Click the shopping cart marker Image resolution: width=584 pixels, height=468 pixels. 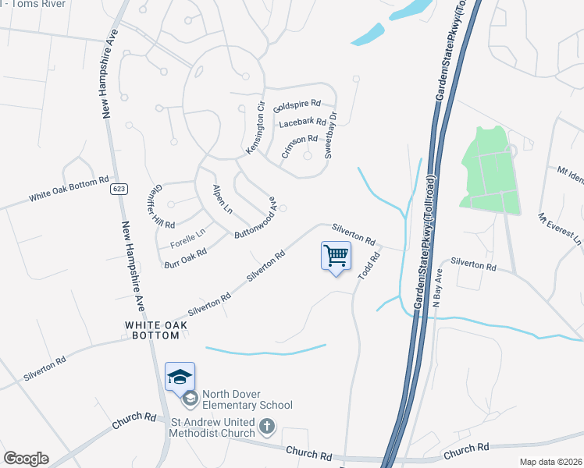(x=336, y=256)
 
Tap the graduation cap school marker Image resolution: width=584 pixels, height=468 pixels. (x=180, y=377)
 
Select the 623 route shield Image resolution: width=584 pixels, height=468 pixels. (x=119, y=189)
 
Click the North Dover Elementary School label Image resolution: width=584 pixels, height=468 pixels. (x=247, y=399)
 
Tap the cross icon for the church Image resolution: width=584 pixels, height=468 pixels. (x=267, y=426)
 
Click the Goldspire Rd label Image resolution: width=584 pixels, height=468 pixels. (x=297, y=104)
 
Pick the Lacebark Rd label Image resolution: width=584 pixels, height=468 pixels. (x=302, y=122)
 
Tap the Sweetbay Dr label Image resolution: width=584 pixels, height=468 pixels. (x=331, y=136)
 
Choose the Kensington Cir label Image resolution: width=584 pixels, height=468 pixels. (x=256, y=127)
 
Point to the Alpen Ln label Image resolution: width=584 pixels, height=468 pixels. (x=223, y=200)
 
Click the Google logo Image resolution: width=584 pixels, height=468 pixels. (x=26, y=459)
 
